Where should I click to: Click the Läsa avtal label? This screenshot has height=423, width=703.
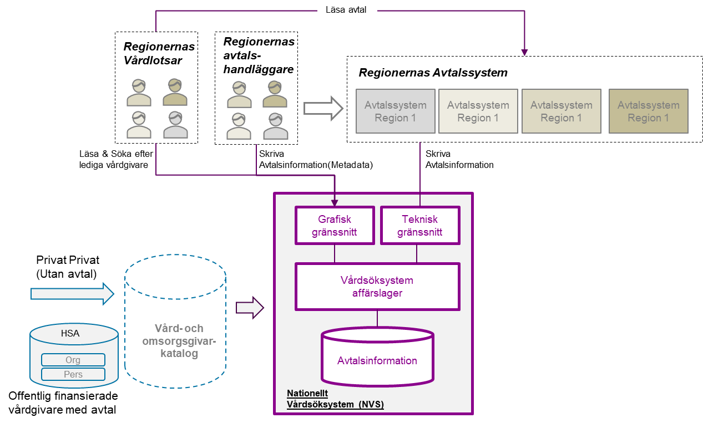[347, 10]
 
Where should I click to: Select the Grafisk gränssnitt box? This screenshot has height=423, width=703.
[335, 226]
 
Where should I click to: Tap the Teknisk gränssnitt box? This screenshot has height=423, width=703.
[420, 226]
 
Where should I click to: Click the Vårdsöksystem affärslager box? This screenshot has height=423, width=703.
[377, 287]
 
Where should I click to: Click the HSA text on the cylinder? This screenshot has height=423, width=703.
[70, 334]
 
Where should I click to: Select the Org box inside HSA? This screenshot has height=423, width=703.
[73, 360]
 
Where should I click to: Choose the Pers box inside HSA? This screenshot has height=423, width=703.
[73, 374]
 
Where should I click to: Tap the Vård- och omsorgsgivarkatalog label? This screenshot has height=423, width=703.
[179, 341]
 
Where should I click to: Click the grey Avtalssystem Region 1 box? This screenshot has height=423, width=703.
[395, 111]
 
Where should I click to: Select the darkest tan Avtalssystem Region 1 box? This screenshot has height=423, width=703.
[648, 111]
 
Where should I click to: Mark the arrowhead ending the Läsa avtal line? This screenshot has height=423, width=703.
[524, 52]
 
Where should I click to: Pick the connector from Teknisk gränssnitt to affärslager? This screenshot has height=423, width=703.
[417, 253]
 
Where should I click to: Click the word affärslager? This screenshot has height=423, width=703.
[377, 293]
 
